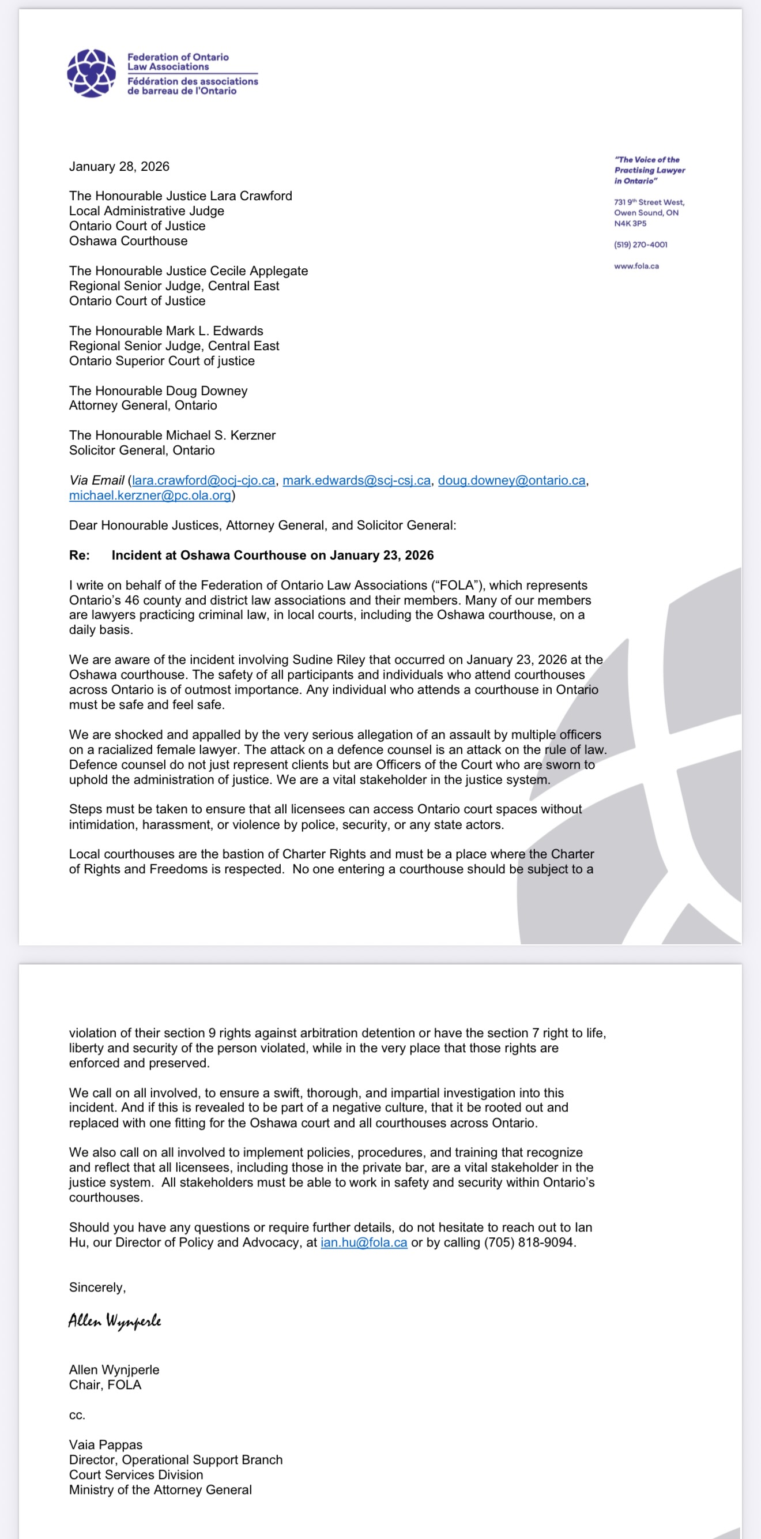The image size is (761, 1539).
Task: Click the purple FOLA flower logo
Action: (x=92, y=73)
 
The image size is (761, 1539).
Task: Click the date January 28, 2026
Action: (x=119, y=166)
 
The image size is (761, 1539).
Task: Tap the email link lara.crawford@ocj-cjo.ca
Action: (x=203, y=481)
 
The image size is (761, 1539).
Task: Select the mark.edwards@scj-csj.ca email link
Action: (x=356, y=481)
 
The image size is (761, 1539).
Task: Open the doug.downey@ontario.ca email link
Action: (x=511, y=481)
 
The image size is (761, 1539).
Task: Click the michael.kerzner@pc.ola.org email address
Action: (x=150, y=496)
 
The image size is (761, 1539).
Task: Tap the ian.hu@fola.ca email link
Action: (x=364, y=1243)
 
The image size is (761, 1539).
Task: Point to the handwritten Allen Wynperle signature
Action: (x=115, y=1321)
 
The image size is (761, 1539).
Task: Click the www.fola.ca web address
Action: (x=636, y=266)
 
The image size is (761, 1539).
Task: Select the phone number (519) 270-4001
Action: (x=641, y=245)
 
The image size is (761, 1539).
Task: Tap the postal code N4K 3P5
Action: (x=630, y=223)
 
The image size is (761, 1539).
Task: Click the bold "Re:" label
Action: (x=80, y=555)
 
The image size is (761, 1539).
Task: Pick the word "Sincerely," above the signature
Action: (x=97, y=1287)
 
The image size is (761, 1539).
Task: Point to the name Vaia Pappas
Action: (x=106, y=1444)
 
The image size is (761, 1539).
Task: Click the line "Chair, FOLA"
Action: (x=105, y=1385)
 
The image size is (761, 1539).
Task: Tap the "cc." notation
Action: (x=77, y=1415)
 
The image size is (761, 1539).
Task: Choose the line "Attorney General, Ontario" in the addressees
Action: (x=143, y=406)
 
